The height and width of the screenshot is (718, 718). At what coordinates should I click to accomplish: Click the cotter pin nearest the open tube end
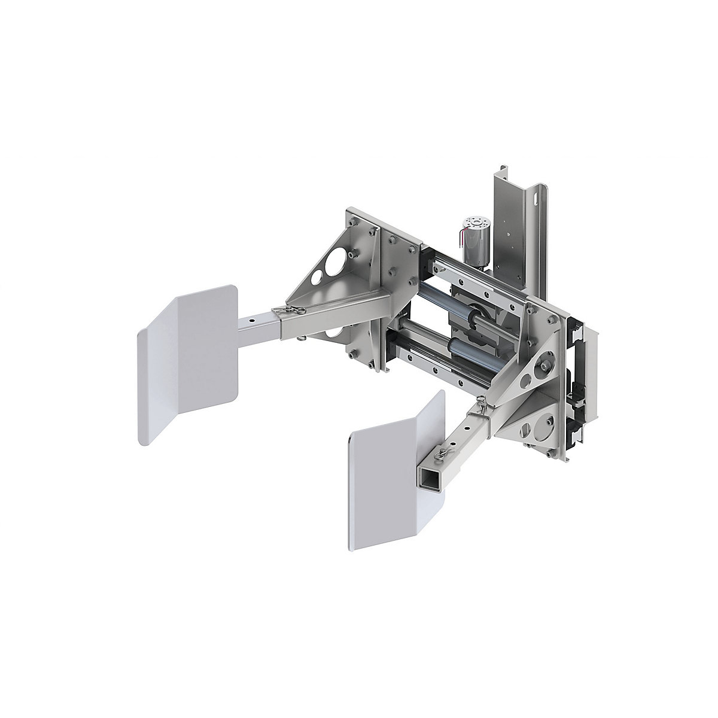click(446, 446)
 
